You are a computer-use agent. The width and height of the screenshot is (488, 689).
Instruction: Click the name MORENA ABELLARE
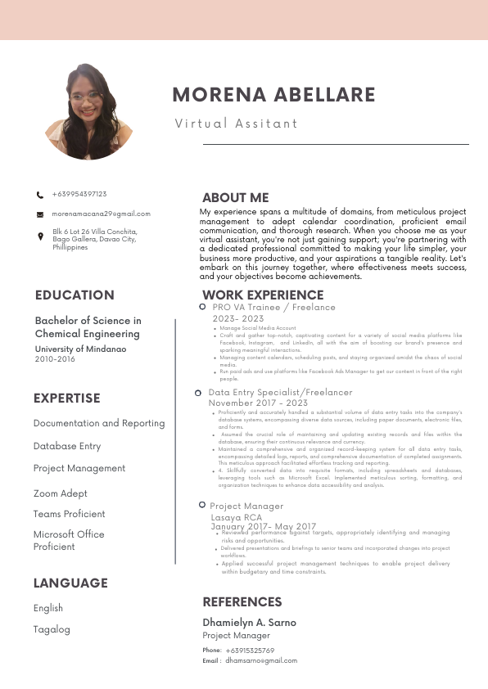[273, 95]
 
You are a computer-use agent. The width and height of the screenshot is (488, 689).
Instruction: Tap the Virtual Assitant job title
[237, 124]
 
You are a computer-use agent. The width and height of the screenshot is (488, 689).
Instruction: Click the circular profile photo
[89, 112]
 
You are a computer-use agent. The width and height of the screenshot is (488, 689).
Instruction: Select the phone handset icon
[40, 195]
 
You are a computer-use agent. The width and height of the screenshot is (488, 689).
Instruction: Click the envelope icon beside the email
[40, 214]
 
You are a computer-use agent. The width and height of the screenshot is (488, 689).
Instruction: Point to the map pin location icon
[41, 236]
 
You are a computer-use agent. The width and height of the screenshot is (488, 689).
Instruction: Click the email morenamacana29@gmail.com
[102, 214]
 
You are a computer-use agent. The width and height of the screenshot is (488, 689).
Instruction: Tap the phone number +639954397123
[79, 194]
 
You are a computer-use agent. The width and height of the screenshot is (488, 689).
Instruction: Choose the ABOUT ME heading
[236, 198]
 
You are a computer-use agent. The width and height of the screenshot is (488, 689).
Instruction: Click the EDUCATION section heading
[75, 295]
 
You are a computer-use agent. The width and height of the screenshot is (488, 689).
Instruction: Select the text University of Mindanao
[80, 349]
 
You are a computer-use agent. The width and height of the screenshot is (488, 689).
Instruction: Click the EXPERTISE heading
[67, 399]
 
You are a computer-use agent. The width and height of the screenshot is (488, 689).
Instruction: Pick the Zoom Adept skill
[61, 493]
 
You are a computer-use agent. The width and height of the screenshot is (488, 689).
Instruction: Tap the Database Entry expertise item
[67, 446]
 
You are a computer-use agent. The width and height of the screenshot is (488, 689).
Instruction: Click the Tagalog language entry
[52, 629]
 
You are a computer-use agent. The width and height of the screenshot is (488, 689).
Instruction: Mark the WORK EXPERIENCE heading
[263, 295]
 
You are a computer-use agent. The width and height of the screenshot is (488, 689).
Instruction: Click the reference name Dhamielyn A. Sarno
[250, 623]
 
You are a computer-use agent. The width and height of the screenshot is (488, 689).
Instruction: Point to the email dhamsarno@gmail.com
[261, 660]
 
